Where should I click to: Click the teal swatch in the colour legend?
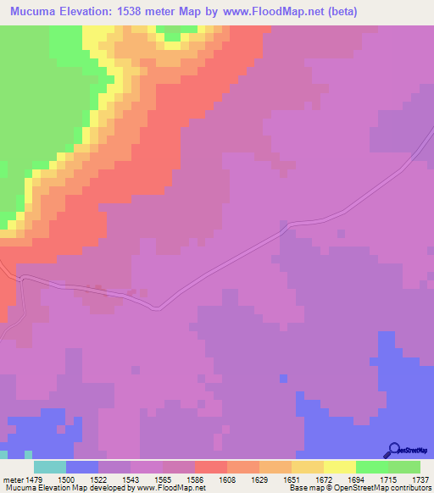click(49, 467)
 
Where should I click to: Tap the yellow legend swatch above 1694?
click(339, 467)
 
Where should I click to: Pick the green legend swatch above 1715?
click(371, 467)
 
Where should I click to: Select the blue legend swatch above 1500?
click(81, 467)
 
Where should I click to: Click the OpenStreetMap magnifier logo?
click(392, 450)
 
